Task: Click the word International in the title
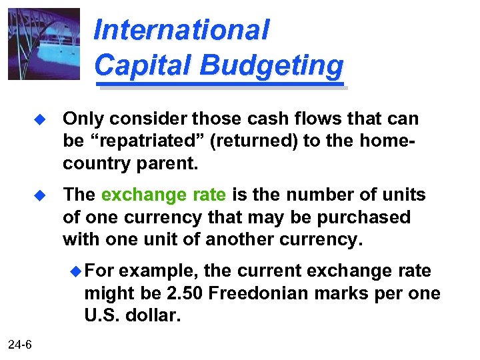(x=181, y=29)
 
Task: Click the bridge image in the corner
(x=43, y=44)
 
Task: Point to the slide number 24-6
(x=22, y=343)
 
